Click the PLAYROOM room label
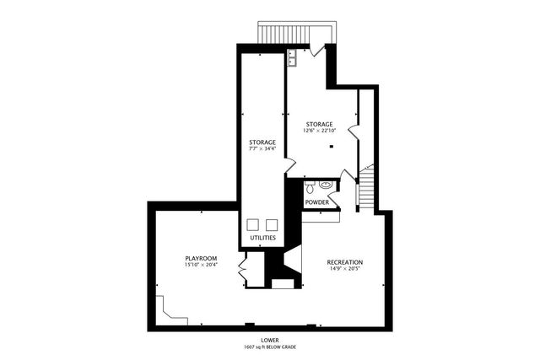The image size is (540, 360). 202,257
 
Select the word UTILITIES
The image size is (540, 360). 262,239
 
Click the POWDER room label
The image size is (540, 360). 317,202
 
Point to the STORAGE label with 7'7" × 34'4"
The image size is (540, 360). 262,142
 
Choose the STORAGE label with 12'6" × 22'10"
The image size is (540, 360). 320,124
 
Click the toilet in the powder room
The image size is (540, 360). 309,184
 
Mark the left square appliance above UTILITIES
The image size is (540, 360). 253,224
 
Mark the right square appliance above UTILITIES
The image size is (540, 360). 272,224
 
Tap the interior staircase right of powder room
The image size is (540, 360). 366,188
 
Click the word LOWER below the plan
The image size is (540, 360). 270,340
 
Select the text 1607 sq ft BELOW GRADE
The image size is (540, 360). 270,347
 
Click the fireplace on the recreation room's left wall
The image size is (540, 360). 291,261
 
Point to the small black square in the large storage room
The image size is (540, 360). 332,147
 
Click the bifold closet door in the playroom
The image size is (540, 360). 243,271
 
